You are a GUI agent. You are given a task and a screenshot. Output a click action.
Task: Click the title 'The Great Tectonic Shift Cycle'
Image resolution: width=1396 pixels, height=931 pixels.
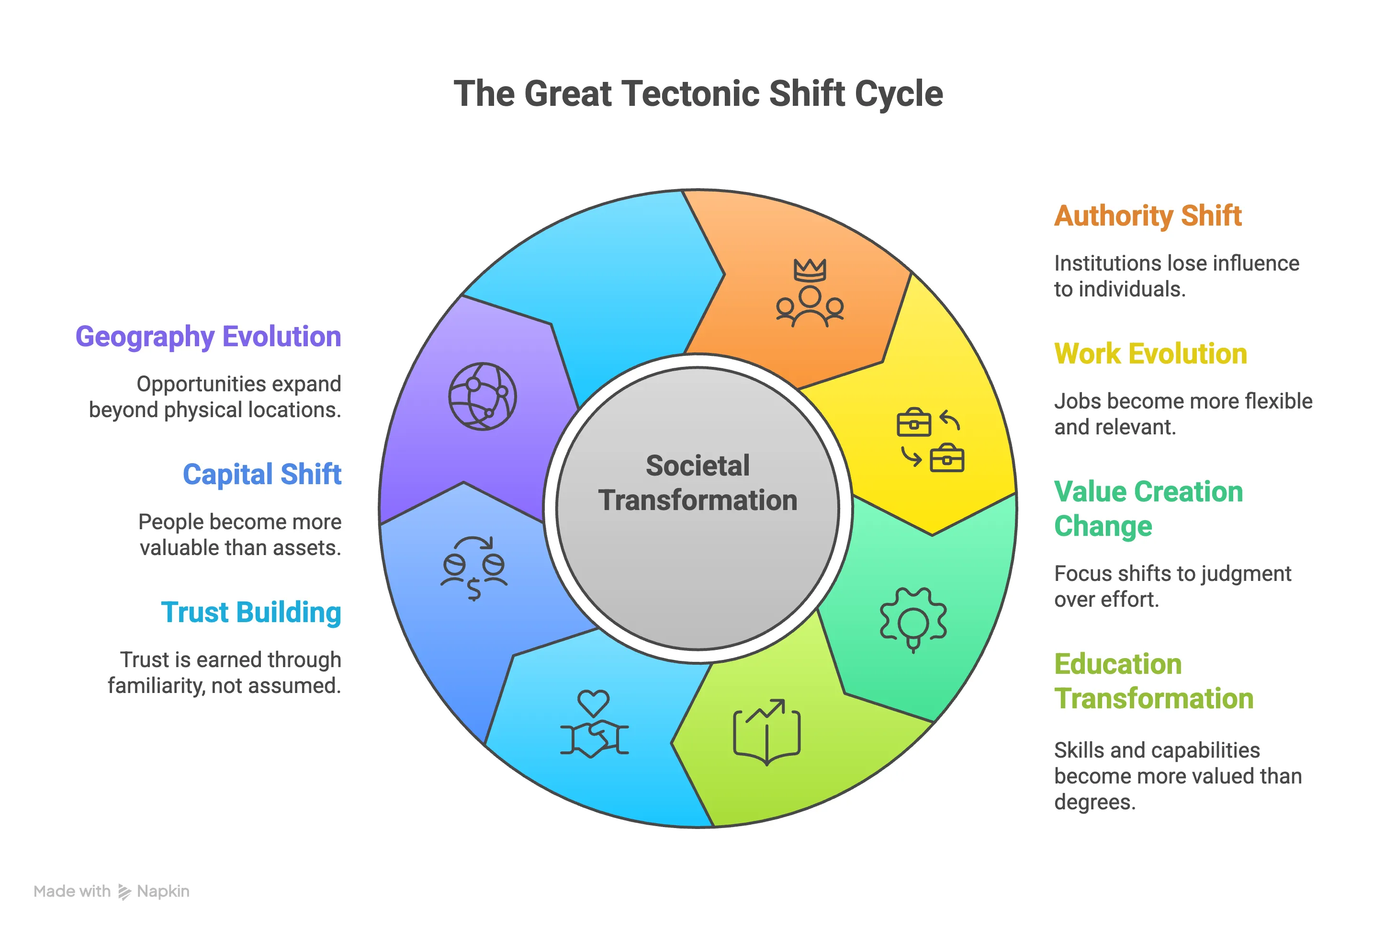[x=698, y=94]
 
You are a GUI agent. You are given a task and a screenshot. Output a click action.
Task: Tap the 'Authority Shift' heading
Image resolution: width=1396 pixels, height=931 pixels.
[x=1148, y=216]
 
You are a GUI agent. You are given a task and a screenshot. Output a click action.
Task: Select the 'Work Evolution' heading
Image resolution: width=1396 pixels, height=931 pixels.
[x=1150, y=354]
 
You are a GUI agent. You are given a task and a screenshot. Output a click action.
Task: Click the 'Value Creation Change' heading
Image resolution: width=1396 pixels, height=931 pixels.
[x=1148, y=509]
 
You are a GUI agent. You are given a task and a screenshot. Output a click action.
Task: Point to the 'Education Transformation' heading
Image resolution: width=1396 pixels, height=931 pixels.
[x=1153, y=681]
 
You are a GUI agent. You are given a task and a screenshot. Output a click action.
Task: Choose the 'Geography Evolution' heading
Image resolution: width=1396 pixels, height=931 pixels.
[x=208, y=337]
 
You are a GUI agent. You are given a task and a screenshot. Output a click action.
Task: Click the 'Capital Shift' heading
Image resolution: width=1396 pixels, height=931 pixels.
[x=262, y=475]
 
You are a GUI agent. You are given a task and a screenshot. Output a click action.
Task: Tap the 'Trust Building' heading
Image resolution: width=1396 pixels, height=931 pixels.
[x=251, y=612]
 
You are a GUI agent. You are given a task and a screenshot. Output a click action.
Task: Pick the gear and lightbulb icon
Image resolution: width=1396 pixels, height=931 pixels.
[x=913, y=619]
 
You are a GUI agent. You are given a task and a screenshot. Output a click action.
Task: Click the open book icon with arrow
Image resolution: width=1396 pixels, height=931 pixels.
[x=767, y=731]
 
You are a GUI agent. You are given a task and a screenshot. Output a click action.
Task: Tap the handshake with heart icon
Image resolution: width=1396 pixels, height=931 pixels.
[x=594, y=723]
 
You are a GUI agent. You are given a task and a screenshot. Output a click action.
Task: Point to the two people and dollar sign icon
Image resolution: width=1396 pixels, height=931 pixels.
[x=473, y=568]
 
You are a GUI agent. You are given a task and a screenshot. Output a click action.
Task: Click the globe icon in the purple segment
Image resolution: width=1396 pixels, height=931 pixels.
[x=482, y=396]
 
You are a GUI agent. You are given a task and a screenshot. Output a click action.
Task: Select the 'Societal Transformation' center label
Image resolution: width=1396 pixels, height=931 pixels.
[x=698, y=483]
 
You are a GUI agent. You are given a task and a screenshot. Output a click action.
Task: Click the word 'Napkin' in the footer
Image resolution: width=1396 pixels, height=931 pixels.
[x=163, y=891]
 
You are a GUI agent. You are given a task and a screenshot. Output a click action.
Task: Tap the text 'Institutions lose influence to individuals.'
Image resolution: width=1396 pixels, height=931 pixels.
[x=1176, y=276]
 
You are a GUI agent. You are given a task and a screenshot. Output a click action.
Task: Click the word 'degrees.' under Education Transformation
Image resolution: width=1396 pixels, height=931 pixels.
[x=1094, y=802]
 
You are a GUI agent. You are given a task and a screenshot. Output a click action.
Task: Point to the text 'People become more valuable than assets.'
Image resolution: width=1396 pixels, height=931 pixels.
[x=240, y=534]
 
